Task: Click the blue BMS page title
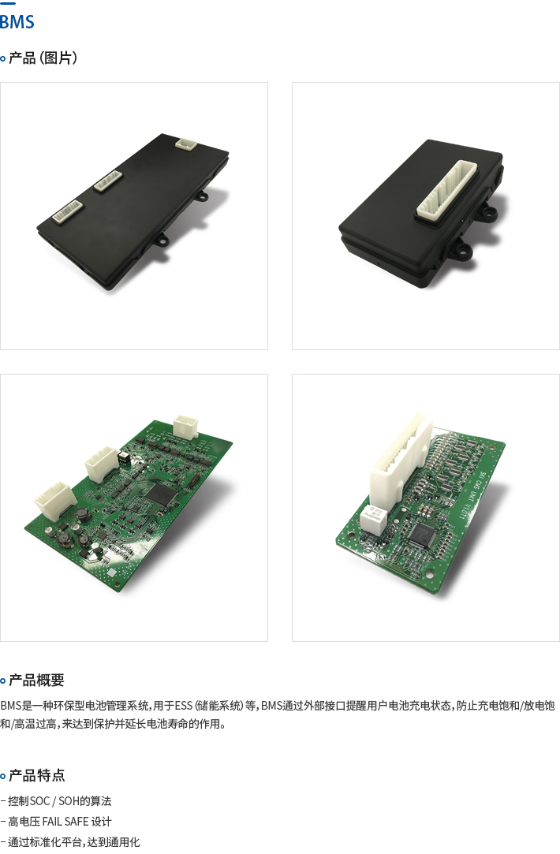17,22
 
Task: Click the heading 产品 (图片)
43,58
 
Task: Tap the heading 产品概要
36,681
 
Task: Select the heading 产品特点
36,775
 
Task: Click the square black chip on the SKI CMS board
422,535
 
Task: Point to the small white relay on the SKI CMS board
373,519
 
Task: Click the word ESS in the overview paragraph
184,706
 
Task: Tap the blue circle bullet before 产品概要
2,681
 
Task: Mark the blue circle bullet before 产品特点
2,776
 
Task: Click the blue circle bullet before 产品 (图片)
2,58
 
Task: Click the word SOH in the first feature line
69,801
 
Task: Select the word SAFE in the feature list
77,822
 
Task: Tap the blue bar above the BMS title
8,3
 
